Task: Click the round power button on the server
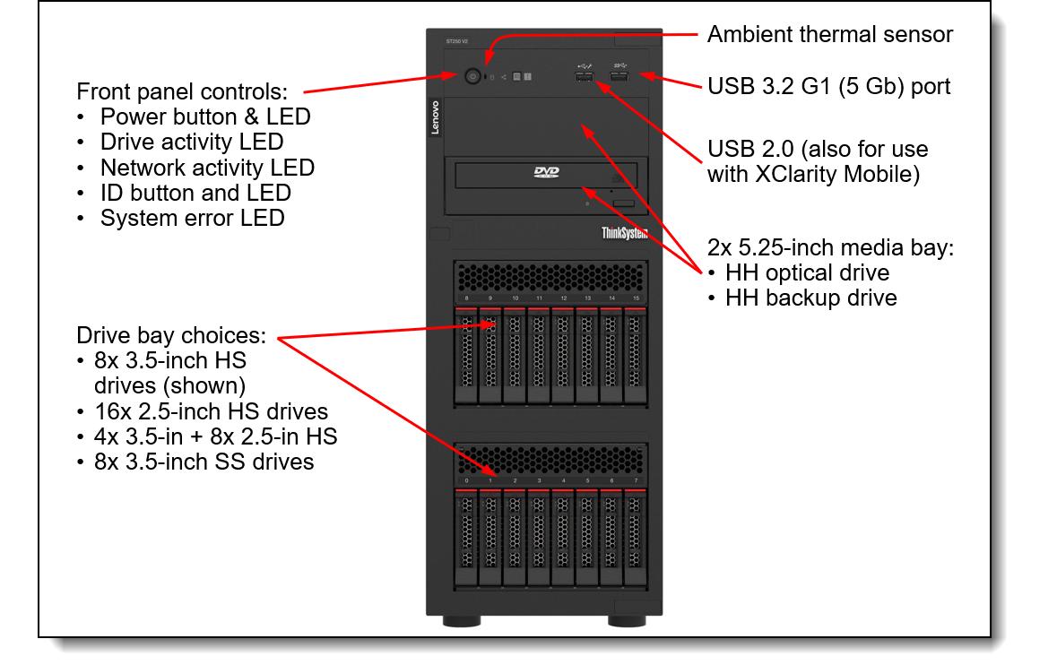point(472,77)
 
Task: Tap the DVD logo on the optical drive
point(546,172)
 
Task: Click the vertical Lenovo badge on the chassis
point(435,117)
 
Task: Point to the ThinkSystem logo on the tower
point(624,233)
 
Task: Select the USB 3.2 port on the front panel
point(619,76)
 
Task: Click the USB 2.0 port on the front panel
point(584,76)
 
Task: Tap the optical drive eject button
point(624,203)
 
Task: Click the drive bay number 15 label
point(636,298)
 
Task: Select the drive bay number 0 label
point(466,480)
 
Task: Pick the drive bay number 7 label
point(636,480)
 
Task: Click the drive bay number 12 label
point(564,298)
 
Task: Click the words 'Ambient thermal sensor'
point(830,34)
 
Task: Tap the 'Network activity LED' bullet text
point(208,167)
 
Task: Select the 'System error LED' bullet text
point(192,218)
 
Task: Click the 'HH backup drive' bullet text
point(811,298)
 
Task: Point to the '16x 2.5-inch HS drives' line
point(211,411)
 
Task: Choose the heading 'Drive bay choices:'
point(171,335)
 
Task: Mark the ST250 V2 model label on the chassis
point(457,42)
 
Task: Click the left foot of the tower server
point(462,620)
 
